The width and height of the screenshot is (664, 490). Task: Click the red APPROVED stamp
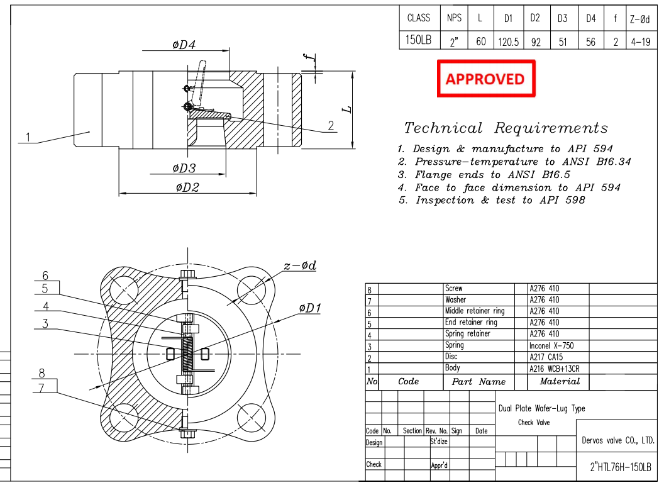tap(485, 79)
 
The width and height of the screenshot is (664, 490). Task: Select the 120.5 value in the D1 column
tap(507, 42)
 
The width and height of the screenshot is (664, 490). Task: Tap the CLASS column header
tap(419, 18)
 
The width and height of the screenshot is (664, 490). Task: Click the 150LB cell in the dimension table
tap(419, 41)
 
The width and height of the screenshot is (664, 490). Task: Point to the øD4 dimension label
tap(184, 45)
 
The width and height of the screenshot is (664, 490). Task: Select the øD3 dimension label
tap(184, 167)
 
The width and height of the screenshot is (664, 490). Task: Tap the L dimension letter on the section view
tap(346, 109)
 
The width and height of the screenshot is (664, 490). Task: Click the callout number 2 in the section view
tap(331, 125)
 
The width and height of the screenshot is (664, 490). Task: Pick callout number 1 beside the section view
tap(28, 136)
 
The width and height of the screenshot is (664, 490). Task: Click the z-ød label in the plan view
tap(299, 265)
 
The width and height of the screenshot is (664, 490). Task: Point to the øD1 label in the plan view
tap(310, 308)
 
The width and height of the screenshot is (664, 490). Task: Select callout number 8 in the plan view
tap(41, 372)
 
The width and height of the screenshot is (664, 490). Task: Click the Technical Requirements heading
tap(506, 128)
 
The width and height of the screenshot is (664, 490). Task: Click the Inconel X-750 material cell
tap(551, 345)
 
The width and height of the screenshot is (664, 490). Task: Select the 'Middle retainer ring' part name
tap(474, 311)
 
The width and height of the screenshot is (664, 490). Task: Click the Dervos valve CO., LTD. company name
tap(617, 440)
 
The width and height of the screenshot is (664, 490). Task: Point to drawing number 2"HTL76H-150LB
tap(620, 469)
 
